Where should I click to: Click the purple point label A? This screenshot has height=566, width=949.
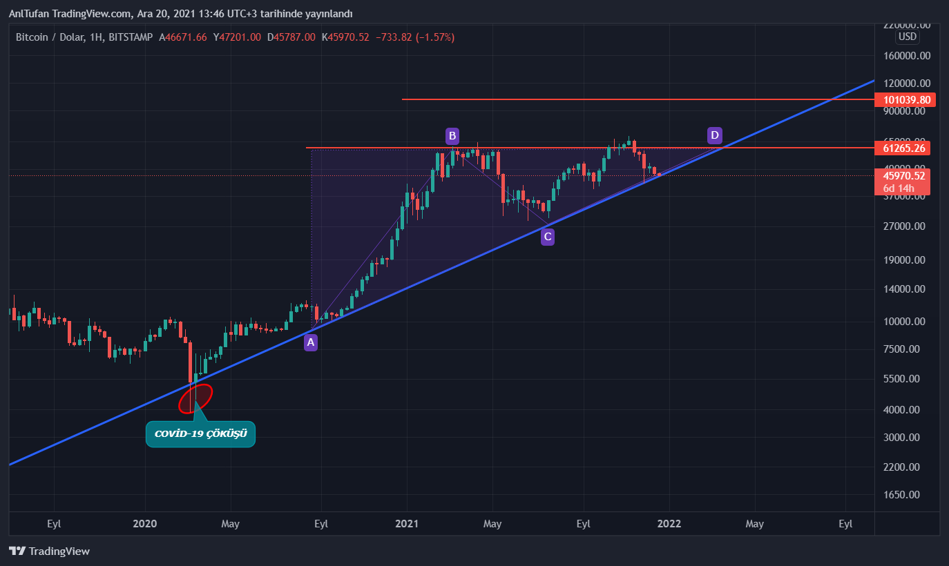(x=311, y=342)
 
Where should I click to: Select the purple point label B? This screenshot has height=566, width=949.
(x=452, y=135)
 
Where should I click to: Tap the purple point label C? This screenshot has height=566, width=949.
(x=547, y=237)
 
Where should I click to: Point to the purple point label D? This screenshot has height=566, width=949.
(x=715, y=135)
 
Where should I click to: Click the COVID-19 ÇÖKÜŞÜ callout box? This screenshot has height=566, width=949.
(x=200, y=434)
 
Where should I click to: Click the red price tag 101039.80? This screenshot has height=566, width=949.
(x=905, y=100)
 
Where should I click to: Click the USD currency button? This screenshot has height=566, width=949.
(x=907, y=37)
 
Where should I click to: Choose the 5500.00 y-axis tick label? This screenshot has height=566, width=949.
(x=904, y=379)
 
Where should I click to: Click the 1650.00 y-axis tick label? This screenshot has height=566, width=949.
(x=904, y=495)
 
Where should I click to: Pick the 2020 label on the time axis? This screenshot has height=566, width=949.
(x=145, y=524)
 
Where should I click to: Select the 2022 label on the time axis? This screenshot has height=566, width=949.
(x=669, y=524)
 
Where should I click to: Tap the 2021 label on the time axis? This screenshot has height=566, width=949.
(x=408, y=524)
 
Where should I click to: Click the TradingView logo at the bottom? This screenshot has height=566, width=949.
(x=49, y=551)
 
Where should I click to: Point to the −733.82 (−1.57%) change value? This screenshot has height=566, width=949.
(x=414, y=37)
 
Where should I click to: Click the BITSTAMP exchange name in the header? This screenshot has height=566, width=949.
(x=131, y=37)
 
